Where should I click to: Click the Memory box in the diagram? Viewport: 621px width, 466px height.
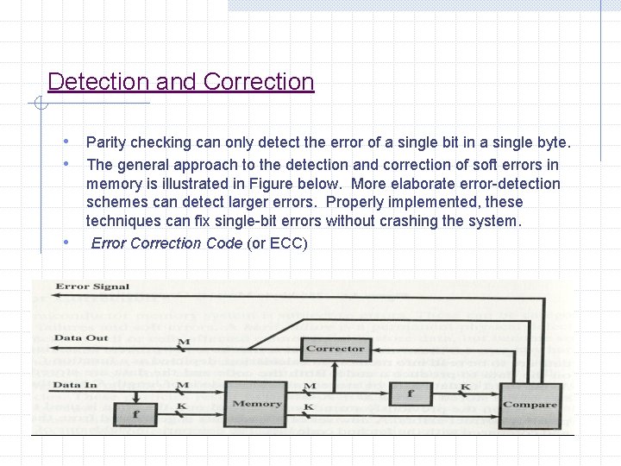coord(256,403)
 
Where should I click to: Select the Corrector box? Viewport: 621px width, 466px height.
coord(335,349)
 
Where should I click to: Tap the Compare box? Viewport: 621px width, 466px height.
coord(530,404)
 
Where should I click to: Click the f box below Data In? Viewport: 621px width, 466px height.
coord(136,413)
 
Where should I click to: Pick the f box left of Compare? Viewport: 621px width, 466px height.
coord(411,394)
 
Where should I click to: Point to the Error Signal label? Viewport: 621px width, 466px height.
coord(92,287)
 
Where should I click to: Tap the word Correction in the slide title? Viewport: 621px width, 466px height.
coord(259,82)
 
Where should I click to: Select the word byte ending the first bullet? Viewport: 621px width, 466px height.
coord(552,142)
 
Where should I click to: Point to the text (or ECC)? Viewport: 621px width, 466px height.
coord(277,243)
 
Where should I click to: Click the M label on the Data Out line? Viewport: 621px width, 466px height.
coord(183,343)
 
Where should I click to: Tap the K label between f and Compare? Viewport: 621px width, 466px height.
coord(465,386)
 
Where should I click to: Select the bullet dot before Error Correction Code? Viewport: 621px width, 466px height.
coord(67,242)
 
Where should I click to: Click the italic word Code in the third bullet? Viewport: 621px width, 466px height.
coord(224,243)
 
